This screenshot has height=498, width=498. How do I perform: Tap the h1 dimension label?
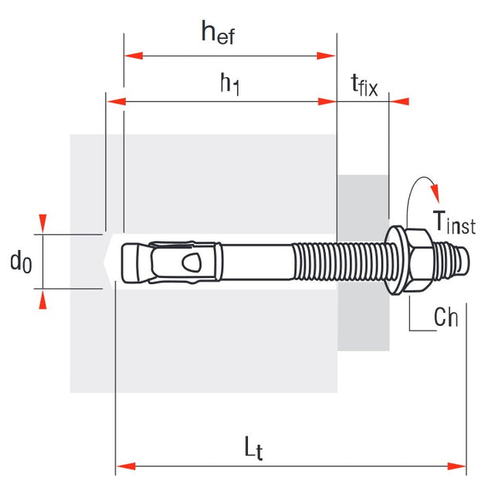pyautogui.click(x=229, y=83)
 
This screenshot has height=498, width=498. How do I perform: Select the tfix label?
pyautogui.click(x=364, y=85)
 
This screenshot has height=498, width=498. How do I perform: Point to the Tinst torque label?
pyautogui.click(x=454, y=223)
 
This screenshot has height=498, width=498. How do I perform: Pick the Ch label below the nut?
pyautogui.click(x=445, y=317)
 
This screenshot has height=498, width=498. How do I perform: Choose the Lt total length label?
pyautogui.click(x=253, y=449)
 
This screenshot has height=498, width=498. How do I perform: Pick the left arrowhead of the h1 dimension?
pyautogui.click(x=115, y=100)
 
